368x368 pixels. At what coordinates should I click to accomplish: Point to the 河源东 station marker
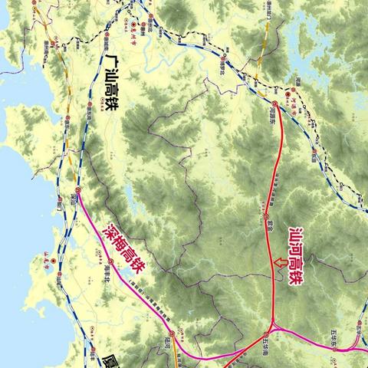coord(274,102)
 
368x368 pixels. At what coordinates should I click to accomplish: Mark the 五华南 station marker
coord(268,334)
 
